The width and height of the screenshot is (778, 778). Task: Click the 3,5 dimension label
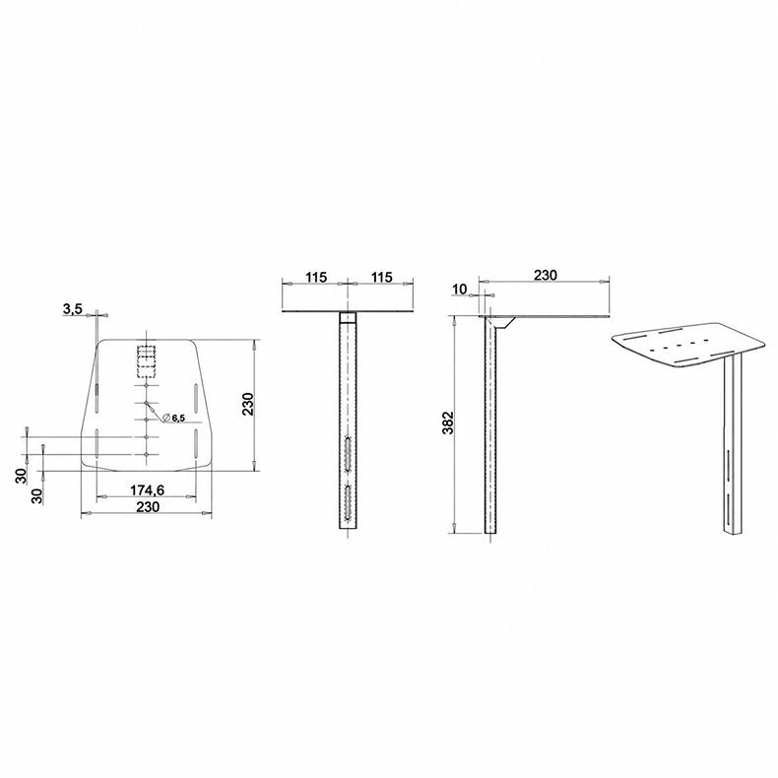(73, 309)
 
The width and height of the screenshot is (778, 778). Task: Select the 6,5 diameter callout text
(178, 419)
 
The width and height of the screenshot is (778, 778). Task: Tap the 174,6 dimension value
(147, 490)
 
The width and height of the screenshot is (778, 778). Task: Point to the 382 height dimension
(448, 422)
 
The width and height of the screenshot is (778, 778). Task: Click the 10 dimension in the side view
(460, 289)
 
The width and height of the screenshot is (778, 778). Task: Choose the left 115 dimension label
(316, 277)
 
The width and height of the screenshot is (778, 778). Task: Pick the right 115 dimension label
(381, 277)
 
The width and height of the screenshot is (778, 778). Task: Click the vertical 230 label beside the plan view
(247, 404)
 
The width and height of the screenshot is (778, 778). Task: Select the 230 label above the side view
(546, 275)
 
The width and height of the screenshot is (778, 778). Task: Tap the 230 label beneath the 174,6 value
(148, 506)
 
